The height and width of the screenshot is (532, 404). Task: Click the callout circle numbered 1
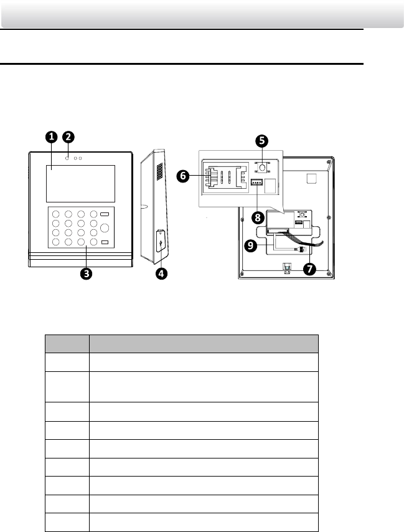pos(51,136)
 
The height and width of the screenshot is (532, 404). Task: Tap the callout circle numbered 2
pos(69,136)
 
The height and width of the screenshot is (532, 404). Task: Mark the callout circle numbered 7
pos(309,269)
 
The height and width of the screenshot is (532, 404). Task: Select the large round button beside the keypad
pos(105,228)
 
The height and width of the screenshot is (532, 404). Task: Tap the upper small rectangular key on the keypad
pos(105,214)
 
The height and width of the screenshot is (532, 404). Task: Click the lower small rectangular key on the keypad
pos(105,242)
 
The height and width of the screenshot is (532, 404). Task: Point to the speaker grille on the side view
pos(160,173)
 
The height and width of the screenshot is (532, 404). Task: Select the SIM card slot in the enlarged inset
pos(220,178)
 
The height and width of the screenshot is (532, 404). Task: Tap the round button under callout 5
pos(263,168)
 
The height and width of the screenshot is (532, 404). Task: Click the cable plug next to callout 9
pos(298,249)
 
